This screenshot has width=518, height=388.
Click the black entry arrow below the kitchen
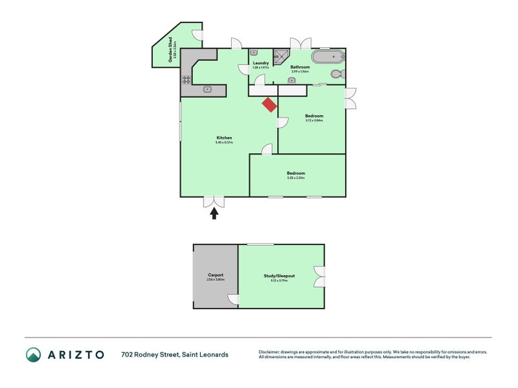pyautogui.click(x=214, y=213)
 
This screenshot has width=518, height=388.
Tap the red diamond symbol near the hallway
pyautogui.click(x=269, y=105)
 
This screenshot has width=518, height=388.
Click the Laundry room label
pyautogui.click(x=261, y=63)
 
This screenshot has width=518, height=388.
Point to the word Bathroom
pyautogui.click(x=300, y=67)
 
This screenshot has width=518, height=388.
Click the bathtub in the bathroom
pyautogui.click(x=328, y=56)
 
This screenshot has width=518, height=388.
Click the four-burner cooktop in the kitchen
pyautogui.click(x=186, y=80)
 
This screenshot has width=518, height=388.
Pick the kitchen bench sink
pyautogui.click(x=208, y=89)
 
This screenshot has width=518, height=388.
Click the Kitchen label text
pyautogui.click(x=224, y=138)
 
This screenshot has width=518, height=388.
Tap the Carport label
pyautogui.click(x=216, y=275)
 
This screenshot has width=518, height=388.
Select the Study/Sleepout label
pyautogui.click(x=279, y=275)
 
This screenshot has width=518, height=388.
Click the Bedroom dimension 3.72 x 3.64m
pyautogui.click(x=314, y=120)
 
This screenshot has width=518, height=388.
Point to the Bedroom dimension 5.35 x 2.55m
pyautogui.click(x=296, y=178)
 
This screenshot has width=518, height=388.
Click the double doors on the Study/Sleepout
pyautogui.click(x=319, y=276)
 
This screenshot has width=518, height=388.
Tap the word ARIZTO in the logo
pyautogui.click(x=74, y=354)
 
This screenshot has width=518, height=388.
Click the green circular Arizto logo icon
pyautogui.click(x=33, y=354)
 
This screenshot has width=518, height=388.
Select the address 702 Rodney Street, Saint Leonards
pyautogui.click(x=175, y=354)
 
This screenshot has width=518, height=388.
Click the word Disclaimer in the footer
pyautogui.click(x=269, y=352)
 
